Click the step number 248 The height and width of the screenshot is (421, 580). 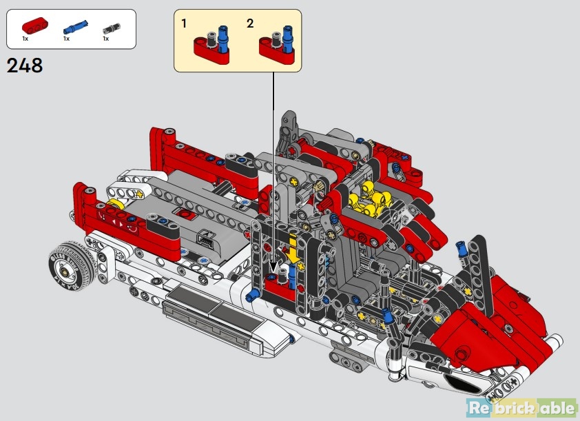click(x=25, y=65)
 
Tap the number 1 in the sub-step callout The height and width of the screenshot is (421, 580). click(x=185, y=23)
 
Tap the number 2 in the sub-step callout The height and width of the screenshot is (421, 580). click(x=250, y=23)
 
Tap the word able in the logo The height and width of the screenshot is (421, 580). click(x=557, y=408)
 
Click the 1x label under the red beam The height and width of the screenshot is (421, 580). click(x=25, y=39)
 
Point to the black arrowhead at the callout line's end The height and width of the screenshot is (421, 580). click(x=274, y=266)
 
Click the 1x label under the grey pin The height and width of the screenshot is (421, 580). click(x=105, y=39)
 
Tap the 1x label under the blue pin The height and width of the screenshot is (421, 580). click(x=67, y=39)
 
